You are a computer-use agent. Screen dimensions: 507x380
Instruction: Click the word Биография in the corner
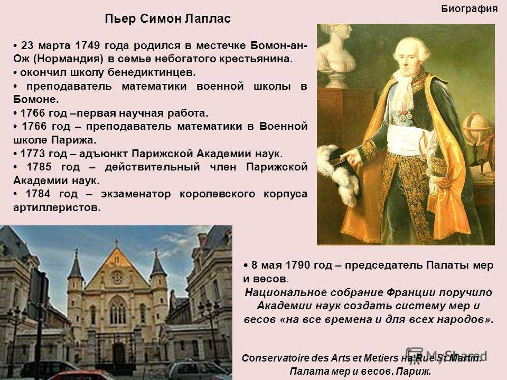[469, 9]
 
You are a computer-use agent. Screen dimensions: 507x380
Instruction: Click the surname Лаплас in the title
[208, 19]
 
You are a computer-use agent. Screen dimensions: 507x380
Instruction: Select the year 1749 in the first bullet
[88, 45]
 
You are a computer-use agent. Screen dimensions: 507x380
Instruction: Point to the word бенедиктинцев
[152, 73]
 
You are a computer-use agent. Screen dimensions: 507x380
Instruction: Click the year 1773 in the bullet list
[33, 154]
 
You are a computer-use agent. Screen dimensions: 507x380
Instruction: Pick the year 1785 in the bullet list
[39, 167]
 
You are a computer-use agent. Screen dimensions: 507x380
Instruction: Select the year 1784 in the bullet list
[38, 194]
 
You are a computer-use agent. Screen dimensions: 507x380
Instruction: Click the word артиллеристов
[57, 208]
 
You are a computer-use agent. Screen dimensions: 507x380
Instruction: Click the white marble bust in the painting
[336, 55]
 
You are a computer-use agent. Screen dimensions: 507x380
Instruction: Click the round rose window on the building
[117, 277]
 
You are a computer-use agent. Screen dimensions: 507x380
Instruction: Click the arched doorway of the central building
[119, 353]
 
